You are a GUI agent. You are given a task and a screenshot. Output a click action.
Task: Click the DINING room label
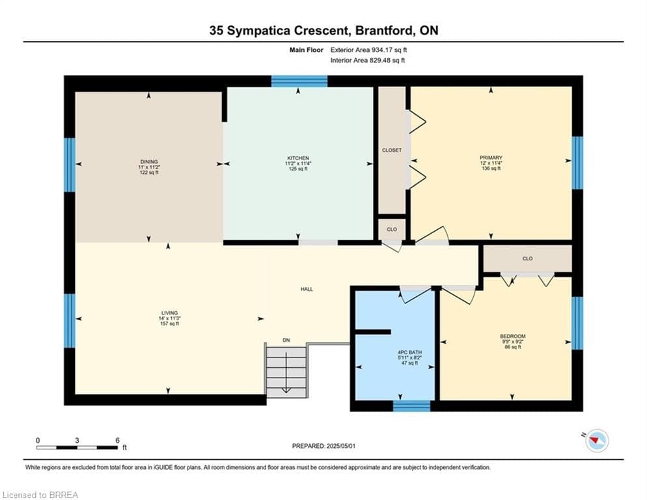click(x=149, y=162)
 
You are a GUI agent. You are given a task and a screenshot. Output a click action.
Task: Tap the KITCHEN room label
click(x=298, y=158)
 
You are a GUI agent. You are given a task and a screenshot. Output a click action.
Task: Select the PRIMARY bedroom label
click(x=491, y=158)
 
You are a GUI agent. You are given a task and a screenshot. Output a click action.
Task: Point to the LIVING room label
click(x=170, y=313)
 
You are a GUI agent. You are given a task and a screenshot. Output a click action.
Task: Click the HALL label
click(x=307, y=289)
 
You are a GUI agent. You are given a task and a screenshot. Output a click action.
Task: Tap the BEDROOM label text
click(x=512, y=336)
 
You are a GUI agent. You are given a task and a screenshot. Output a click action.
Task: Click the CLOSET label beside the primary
click(x=392, y=150)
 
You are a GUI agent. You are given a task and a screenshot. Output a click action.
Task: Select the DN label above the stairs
click(x=286, y=340)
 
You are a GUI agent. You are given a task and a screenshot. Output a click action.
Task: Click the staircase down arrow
click(x=286, y=384)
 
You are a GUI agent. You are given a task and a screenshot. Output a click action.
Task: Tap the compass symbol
click(x=597, y=441)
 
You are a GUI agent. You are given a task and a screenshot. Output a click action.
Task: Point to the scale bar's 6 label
click(x=118, y=440)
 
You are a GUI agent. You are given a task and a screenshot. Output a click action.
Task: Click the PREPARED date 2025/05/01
click(x=341, y=446)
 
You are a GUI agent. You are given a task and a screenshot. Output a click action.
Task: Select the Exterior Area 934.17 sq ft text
click(x=368, y=50)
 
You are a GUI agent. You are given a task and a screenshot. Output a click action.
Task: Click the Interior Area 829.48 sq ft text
click(x=368, y=61)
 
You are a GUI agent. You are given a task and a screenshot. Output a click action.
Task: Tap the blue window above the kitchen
click(x=299, y=81)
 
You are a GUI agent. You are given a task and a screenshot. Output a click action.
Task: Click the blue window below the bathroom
click(x=411, y=406)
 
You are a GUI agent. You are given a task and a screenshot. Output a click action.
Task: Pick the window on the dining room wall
click(x=70, y=165)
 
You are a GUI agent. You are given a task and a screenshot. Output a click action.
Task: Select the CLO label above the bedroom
click(x=527, y=258)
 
